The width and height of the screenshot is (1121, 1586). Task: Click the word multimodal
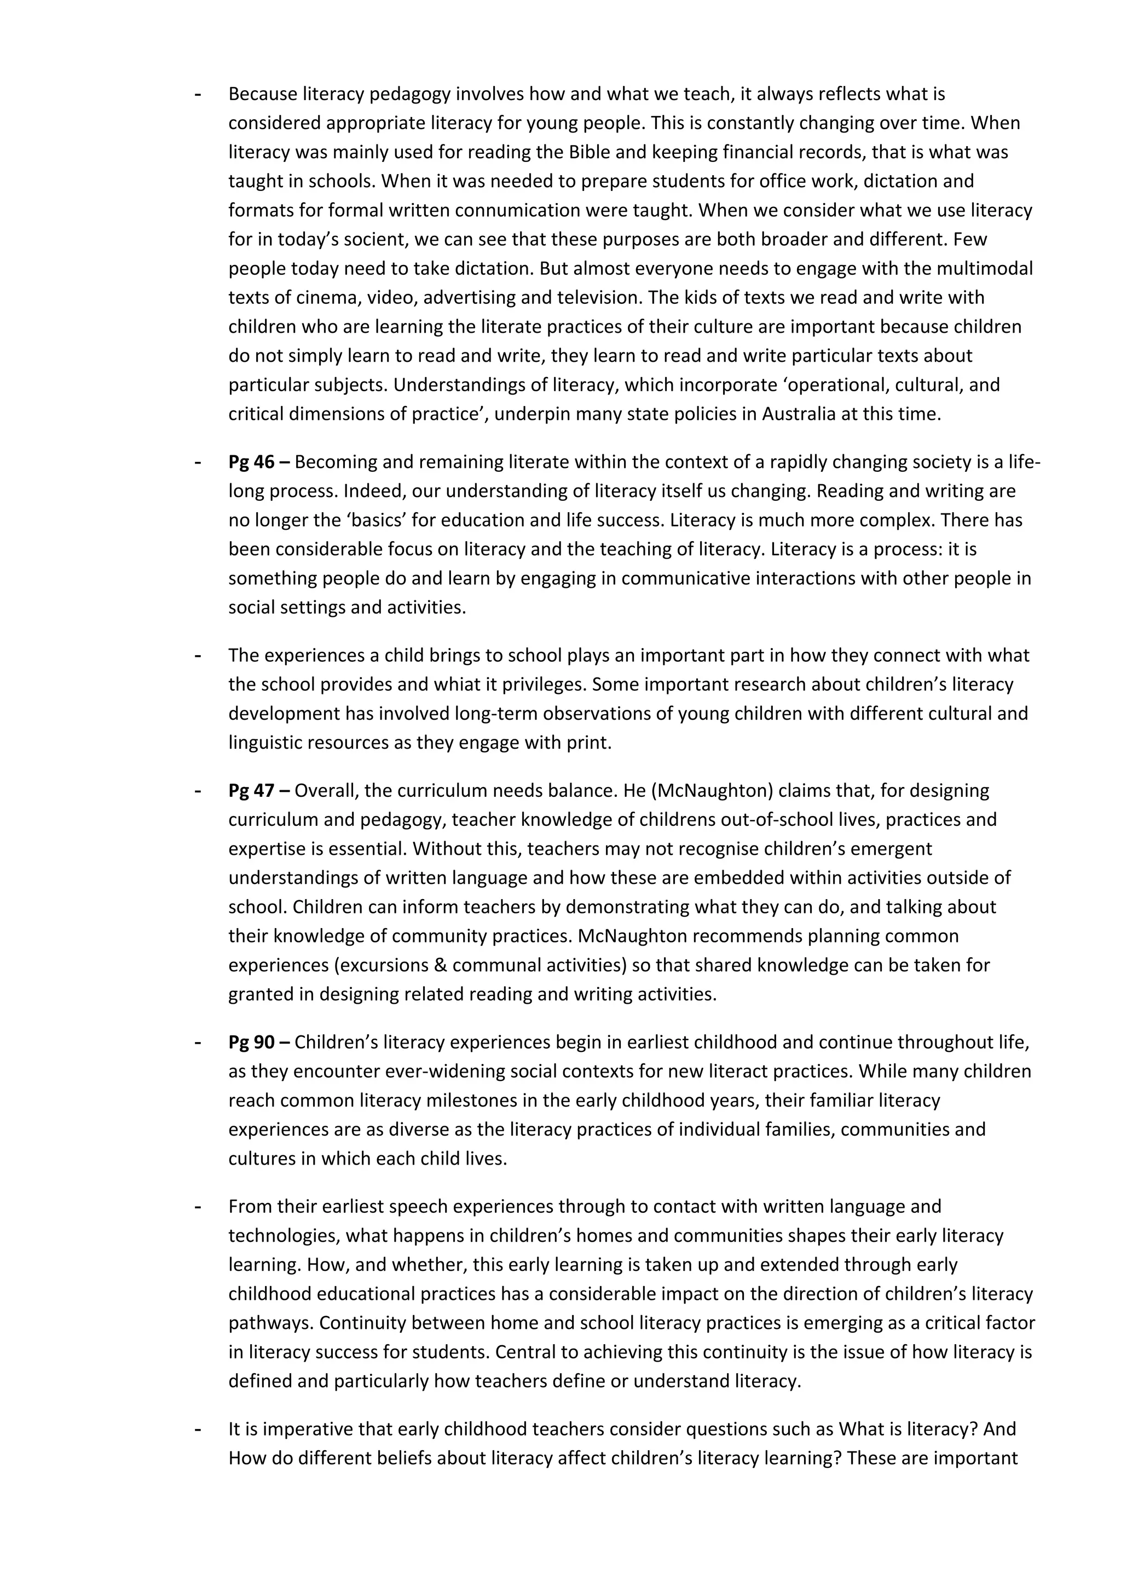[984, 268]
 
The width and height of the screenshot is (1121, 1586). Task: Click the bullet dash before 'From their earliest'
[199, 1207]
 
